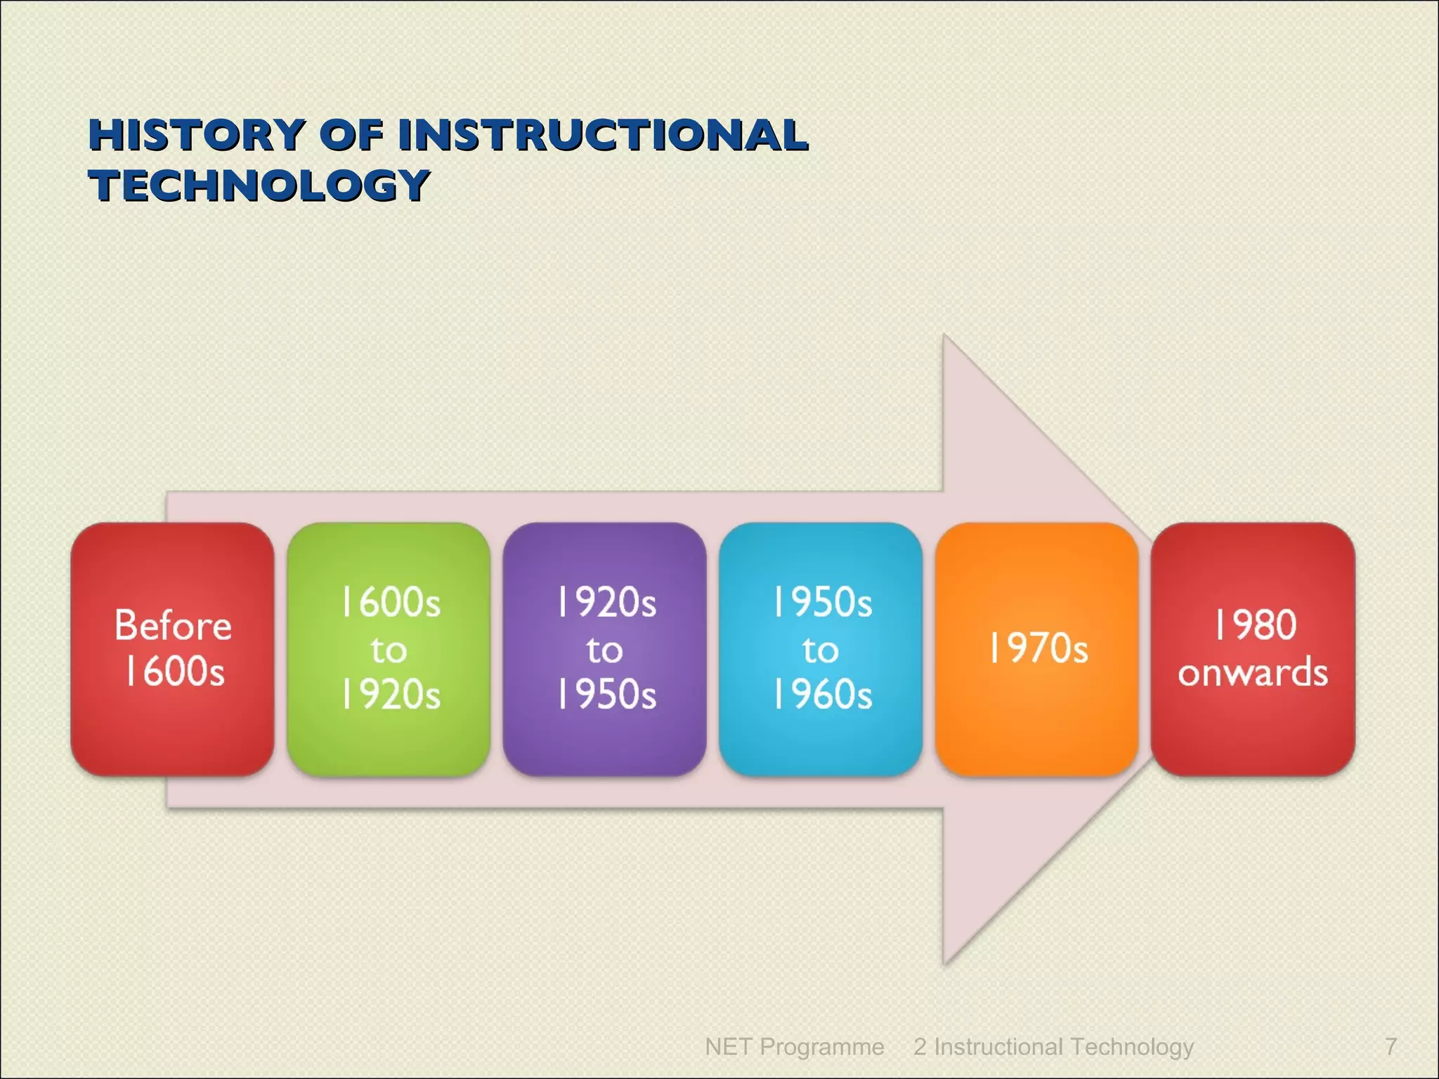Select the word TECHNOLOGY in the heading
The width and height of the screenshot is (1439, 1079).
(x=259, y=185)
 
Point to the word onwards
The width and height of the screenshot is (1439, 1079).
(x=1253, y=672)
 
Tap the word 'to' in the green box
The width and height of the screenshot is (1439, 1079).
(x=389, y=650)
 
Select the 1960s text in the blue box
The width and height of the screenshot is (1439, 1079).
(x=822, y=695)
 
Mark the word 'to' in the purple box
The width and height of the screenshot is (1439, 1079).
(x=604, y=650)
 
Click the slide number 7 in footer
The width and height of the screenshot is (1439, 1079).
(x=1391, y=1046)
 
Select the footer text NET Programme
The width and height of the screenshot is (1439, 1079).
(x=794, y=1046)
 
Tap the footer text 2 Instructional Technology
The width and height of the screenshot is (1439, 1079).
(x=1053, y=1046)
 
